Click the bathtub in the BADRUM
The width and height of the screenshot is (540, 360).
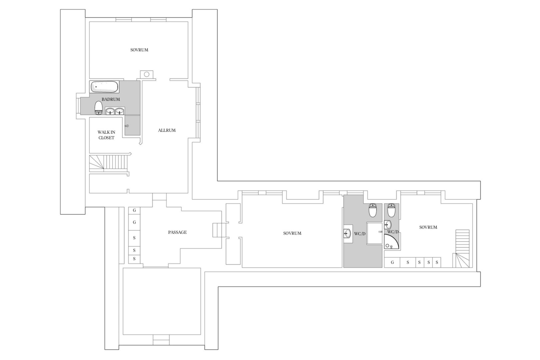104,87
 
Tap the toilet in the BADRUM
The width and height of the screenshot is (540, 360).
98,108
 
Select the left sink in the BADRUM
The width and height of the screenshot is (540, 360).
110,111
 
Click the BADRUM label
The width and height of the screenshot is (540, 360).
111,99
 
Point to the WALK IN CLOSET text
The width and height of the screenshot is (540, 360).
106,135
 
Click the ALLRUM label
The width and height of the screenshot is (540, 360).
167,130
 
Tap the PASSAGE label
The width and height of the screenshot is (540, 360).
177,232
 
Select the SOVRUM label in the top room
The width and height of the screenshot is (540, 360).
139,50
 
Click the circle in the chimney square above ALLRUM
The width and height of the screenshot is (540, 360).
147,74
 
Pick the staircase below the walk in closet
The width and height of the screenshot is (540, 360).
109,163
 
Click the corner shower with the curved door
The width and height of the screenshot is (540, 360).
391,241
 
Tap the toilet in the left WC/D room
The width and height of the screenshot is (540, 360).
373,210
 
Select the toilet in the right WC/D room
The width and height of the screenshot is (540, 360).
391,210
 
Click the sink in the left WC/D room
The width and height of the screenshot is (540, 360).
347,233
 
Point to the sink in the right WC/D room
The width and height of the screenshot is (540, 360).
388,225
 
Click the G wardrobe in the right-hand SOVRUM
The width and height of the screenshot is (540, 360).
392,263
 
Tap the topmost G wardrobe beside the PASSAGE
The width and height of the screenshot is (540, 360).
134,211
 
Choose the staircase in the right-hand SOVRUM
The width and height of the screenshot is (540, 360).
462,249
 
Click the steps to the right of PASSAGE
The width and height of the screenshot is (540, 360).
219,230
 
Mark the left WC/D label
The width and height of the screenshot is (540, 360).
360,234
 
